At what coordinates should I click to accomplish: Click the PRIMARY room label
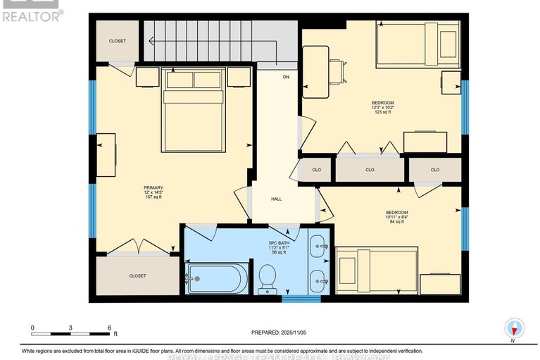pyautogui.click(x=153, y=187)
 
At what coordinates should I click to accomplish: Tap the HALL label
pyautogui.click(x=277, y=199)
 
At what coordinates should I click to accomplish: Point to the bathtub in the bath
pyautogui.click(x=217, y=279)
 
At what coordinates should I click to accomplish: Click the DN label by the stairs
pyautogui.click(x=286, y=76)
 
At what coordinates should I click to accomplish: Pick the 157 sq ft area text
pyautogui.click(x=153, y=197)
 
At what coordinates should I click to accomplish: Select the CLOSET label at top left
pyautogui.click(x=118, y=41)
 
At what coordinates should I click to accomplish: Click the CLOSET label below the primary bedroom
pyautogui.click(x=138, y=275)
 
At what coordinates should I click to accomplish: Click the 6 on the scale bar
pyautogui.click(x=109, y=328)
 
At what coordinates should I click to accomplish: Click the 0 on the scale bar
pyautogui.click(x=32, y=328)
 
